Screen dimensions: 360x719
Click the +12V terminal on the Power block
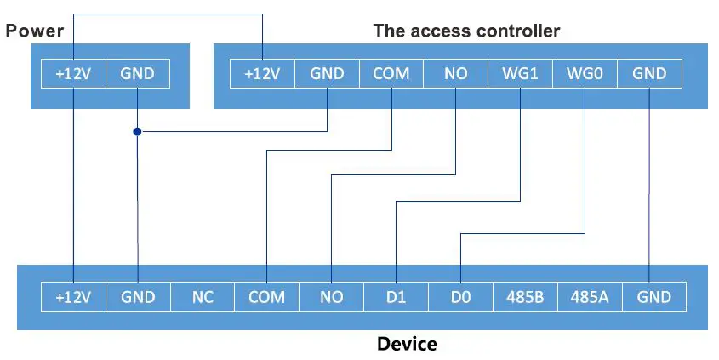pos(73,74)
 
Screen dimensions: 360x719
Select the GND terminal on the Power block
pos(137,74)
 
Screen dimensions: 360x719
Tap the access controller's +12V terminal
pos(262,74)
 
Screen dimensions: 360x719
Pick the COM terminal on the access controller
pos(391,74)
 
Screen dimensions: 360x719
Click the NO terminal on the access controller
pos(455,74)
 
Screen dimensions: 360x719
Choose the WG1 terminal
pos(520,74)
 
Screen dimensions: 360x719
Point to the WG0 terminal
pos(585,74)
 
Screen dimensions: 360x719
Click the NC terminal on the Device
pos(202,297)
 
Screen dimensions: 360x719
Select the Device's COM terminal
pos(266,297)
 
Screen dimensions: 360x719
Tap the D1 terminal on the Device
pos(396,297)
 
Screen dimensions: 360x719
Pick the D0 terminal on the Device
pos(460,297)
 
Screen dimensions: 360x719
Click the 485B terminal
pos(525,297)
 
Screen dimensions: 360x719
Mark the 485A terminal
pos(590,297)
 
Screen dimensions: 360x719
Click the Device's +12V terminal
pos(73,297)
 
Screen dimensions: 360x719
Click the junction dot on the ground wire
pos(137,132)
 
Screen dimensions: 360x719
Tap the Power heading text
pos(35,31)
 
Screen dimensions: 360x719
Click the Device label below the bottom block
pos(407,345)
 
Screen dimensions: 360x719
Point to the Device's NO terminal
pos(331,297)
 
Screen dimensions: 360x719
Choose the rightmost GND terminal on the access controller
pos(649,74)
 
